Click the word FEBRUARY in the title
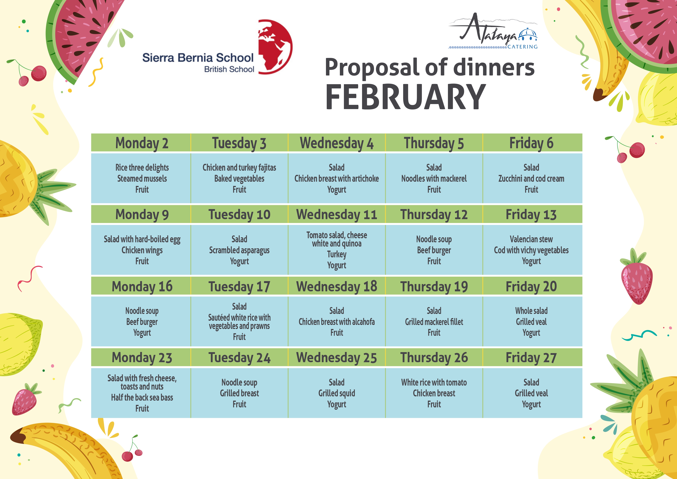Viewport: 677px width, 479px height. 405,97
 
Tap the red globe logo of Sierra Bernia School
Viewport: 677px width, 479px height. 275,47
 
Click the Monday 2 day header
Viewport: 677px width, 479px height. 142,143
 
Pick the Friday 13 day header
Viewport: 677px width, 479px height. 531,214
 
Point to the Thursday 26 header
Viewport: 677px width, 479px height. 434,358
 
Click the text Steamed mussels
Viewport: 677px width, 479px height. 142,178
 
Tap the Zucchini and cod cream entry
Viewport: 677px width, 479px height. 531,178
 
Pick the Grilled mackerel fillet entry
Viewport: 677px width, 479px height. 434,322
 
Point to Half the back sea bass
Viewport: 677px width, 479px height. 142,398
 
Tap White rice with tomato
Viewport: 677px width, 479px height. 434,382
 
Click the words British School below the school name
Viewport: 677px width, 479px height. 229,69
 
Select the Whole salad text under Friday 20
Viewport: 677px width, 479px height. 531,311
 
